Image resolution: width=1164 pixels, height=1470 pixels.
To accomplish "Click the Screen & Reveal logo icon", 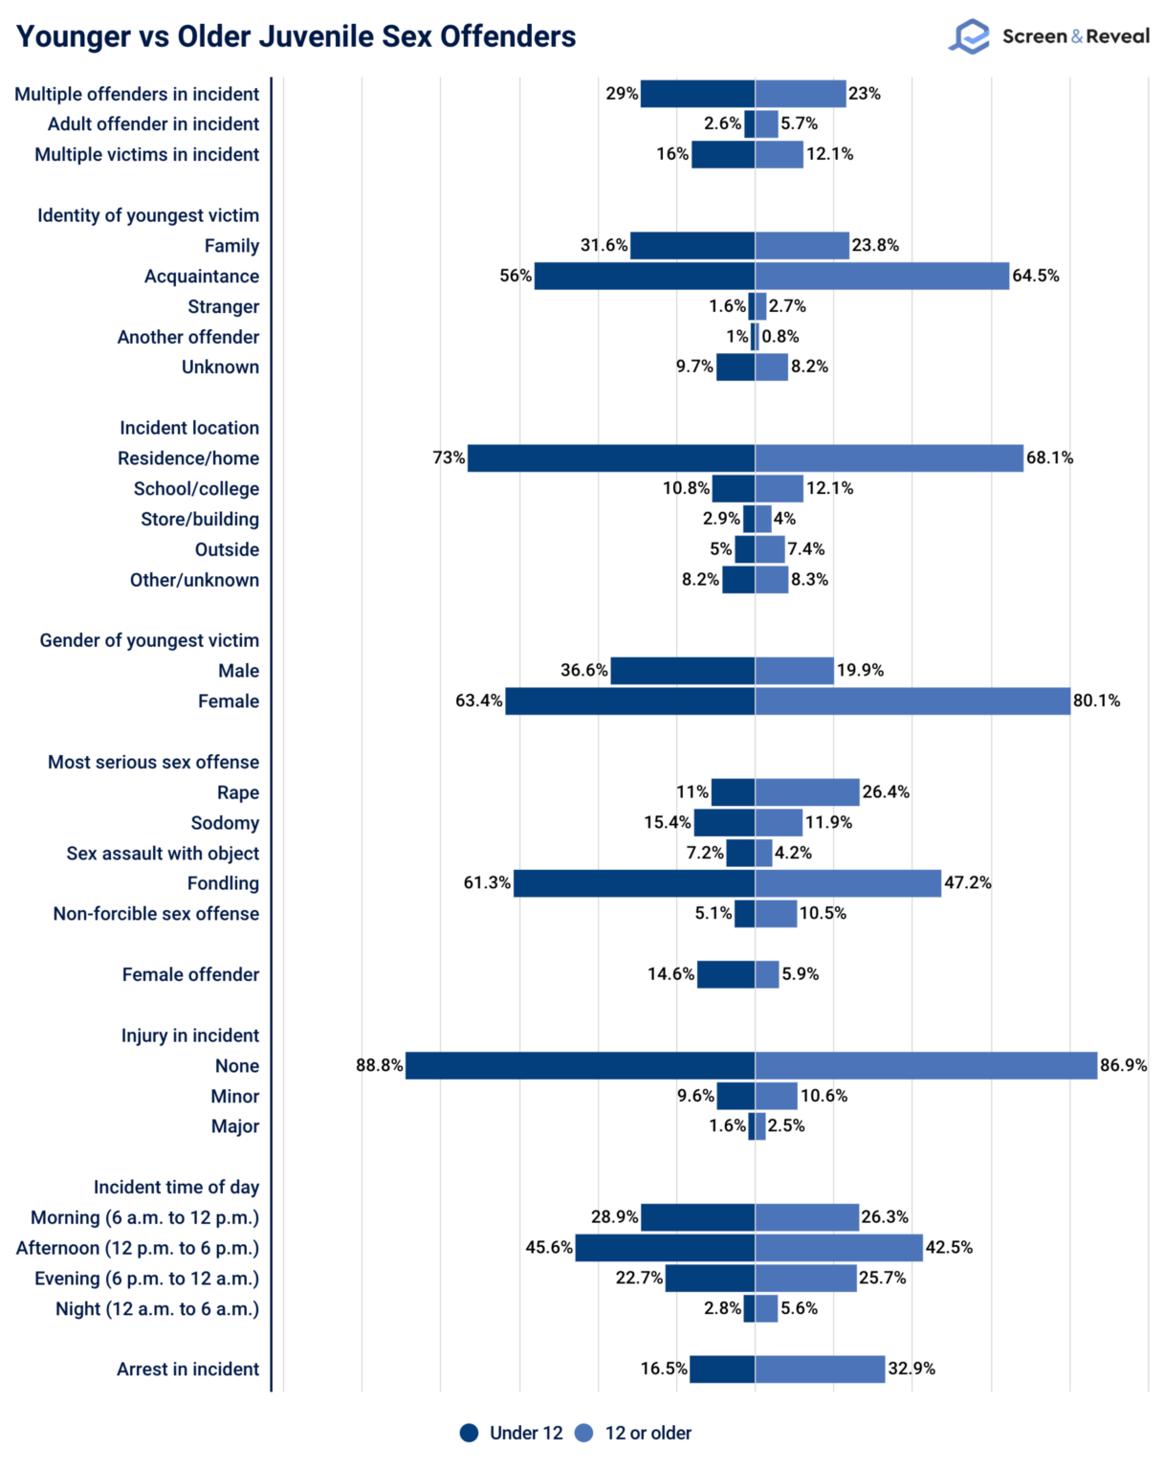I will coord(969,36).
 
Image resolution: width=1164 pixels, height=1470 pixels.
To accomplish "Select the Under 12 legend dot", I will coord(469,1433).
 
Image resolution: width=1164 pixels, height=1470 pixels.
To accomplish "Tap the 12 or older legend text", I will coord(648,1433).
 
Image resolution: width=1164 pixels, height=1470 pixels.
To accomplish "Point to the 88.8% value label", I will coord(379,1065).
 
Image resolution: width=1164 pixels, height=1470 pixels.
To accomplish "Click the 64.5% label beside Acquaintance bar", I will coord(1036,276).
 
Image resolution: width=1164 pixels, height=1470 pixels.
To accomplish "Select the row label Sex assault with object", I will coord(163,853).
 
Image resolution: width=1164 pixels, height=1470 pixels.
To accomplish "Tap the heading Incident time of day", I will coord(176,1187).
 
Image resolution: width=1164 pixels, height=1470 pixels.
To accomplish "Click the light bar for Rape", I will coord(807,792).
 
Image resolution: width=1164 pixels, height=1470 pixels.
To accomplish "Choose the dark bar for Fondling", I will coord(634,883).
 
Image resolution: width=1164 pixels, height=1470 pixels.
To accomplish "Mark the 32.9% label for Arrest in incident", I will coord(911,1369).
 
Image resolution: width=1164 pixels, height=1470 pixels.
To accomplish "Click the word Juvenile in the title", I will coord(314,36).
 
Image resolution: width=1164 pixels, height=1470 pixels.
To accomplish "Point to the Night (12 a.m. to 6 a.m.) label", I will coord(157,1308).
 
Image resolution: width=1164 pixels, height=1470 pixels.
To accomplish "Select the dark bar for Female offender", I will coord(726,974).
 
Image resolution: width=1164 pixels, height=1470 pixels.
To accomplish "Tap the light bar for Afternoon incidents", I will coord(839,1248).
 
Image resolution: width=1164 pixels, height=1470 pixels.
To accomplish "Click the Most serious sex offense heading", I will coord(153,762).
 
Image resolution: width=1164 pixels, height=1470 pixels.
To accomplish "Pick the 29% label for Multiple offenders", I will coord(622,94).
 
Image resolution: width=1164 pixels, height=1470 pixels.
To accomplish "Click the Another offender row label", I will coord(187,337).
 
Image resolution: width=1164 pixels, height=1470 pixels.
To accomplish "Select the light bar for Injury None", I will coord(926,1065).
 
